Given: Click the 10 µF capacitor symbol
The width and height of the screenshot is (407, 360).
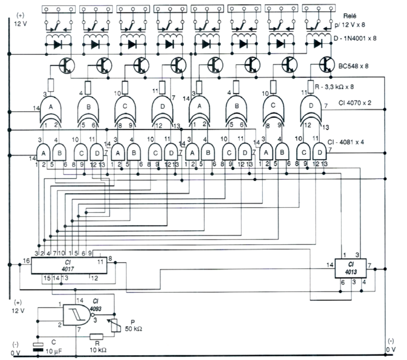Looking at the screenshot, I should [38, 347].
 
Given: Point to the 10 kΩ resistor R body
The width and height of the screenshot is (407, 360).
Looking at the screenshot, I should [98, 336].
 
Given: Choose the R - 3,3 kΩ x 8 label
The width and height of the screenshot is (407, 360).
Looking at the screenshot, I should [337, 86].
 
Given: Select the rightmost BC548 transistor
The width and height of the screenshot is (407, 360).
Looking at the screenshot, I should [327, 64].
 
